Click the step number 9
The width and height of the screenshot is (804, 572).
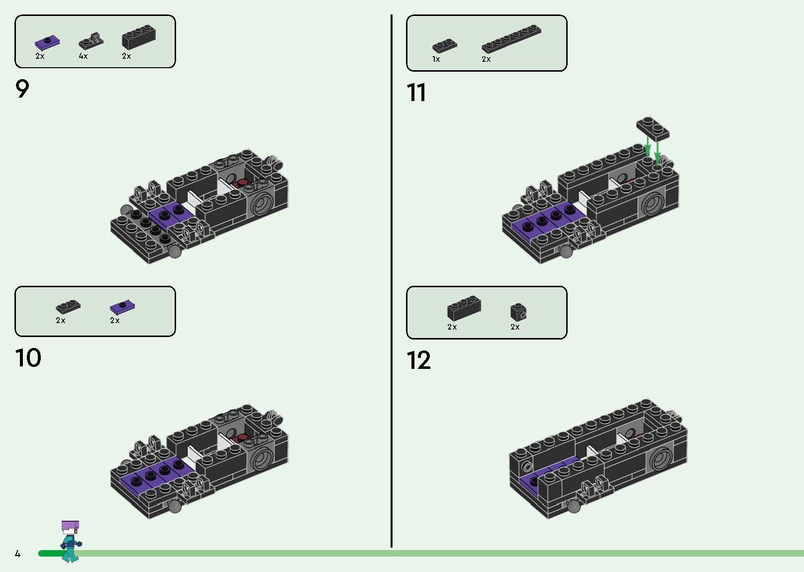coord(22,90)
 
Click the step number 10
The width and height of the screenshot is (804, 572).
coord(28,358)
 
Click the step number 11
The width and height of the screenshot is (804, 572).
coord(416,93)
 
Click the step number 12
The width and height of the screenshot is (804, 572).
coord(418,360)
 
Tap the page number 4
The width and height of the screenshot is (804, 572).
coord(17,554)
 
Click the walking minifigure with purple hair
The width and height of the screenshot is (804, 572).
coord(70,541)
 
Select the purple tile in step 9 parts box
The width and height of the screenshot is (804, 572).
coord(48,43)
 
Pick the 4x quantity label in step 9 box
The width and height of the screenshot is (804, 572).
coord(83,56)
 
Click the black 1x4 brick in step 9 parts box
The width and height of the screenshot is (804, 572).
coord(138,37)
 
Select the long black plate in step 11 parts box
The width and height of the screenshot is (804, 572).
coord(511,39)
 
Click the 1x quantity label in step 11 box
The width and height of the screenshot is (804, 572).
coord(436,59)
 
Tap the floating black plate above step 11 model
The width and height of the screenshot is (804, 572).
coord(652,127)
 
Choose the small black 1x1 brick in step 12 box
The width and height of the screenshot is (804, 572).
coord(518,312)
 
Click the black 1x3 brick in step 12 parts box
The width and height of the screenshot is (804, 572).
coord(464,308)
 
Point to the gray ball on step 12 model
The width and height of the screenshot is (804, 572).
coord(574,506)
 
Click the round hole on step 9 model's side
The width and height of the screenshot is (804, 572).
coord(263,203)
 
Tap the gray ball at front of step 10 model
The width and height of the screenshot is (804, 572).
coord(174,506)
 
